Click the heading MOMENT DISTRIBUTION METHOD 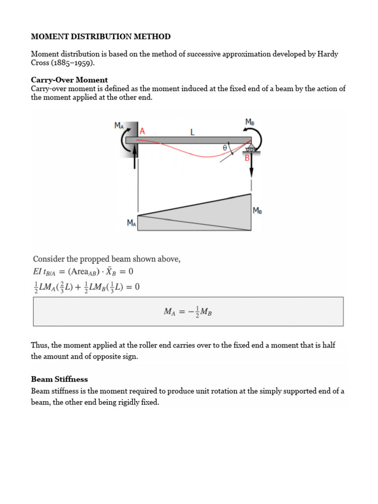point(101,36)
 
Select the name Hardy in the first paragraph point(327,54)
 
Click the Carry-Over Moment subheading point(69,80)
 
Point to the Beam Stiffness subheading point(60,379)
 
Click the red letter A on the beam point(143,131)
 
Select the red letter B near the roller point(248,158)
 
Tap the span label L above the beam point(192,132)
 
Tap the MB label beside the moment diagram point(257,210)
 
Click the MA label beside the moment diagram point(131,223)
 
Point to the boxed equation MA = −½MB point(188,312)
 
